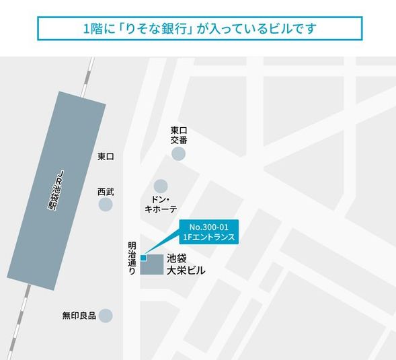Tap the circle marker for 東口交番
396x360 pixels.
(178, 154)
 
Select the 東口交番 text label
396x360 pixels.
(178, 135)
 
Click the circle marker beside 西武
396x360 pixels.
(106, 204)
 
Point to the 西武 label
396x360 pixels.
(106, 192)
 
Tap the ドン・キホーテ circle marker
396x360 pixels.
(161, 186)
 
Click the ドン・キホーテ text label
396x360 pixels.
(161, 205)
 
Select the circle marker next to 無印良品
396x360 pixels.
(106, 315)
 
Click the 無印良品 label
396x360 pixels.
(79, 315)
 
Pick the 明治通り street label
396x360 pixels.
(132, 258)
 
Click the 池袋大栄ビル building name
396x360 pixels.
(186, 264)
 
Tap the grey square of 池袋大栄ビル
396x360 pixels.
(152, 265)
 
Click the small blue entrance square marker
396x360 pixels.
(143, 258)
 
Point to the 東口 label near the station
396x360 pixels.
(106, 157)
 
